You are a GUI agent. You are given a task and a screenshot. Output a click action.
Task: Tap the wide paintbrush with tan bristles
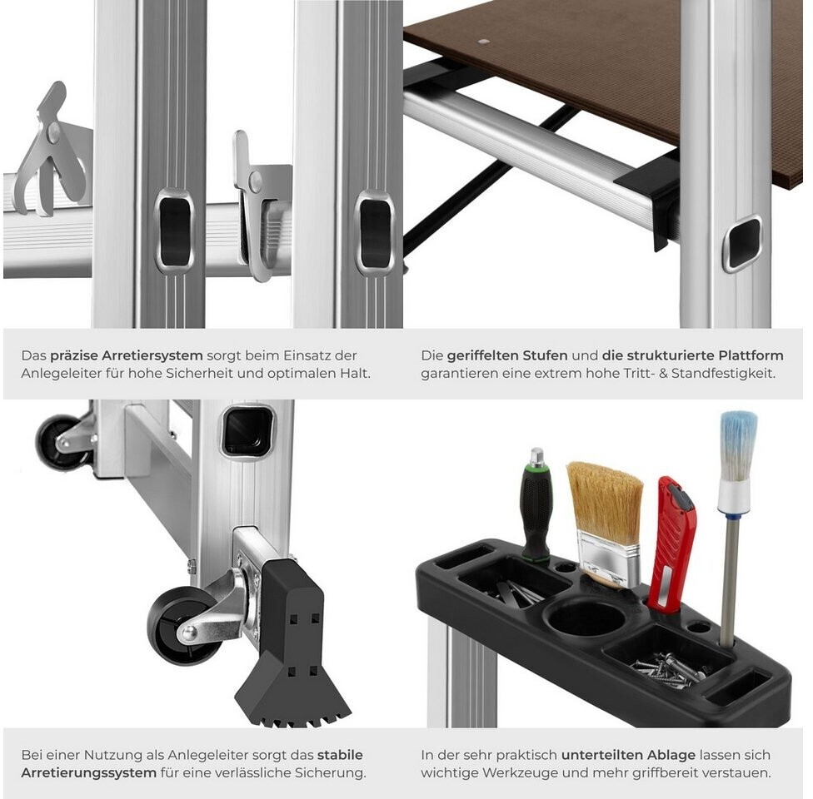tap(606, 524)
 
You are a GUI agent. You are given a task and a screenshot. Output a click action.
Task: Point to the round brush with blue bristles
tap(736, 524)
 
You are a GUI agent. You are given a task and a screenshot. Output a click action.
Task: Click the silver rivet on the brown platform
tap(484, 42)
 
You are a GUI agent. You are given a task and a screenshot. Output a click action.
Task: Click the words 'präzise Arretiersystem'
tap(126, 355)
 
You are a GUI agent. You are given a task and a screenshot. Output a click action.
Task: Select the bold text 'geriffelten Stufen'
tap(507, 355)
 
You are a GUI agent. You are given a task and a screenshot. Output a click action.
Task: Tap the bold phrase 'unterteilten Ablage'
tap(628, 755)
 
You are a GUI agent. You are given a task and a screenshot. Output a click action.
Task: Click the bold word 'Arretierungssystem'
tap(88, 772)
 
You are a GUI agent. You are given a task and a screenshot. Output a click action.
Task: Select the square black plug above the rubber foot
tap(248, 432)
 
